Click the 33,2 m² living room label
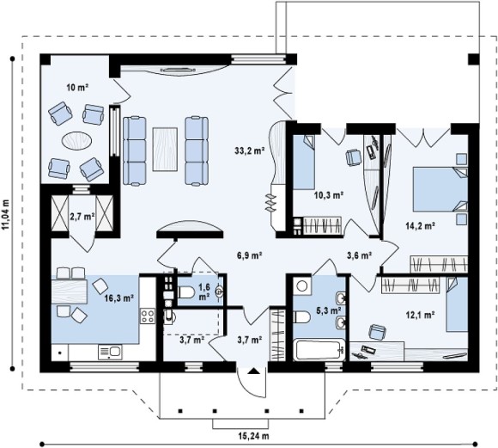pyautogui.click(x=250, y=150)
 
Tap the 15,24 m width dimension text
pyautogui.click(x=253, y=436)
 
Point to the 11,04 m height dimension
pyautogui.click(x=6, y=214)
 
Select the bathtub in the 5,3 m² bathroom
pyautogui.click(x=319, y=350)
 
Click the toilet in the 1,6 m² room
pyautogui.click(x=185, y=292)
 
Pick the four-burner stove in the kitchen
pyautogui.click(x=148, y=316)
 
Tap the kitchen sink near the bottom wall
pyautogui.click(x=110, y=353)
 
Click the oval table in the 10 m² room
pyautogui.click(x=77, y=140)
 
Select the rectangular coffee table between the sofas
pyautogui.click(x=165, y=150)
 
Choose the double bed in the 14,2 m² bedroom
pyautogui.click(x=440, y=190)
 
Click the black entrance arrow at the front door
pyautogui.click(x=253, y=371)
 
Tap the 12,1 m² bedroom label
pyautogui.click(x=420, y=315)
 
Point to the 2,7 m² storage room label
pyautogui.click(x=82, y=217)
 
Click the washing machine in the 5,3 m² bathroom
pyautogui.click(x=302, y=285)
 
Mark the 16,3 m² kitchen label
pyautogui.click(x=118, y=298)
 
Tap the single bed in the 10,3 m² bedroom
pyautogui.click(x=304, y=163)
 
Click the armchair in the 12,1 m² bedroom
pyautogui.click(x=378, y=332)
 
